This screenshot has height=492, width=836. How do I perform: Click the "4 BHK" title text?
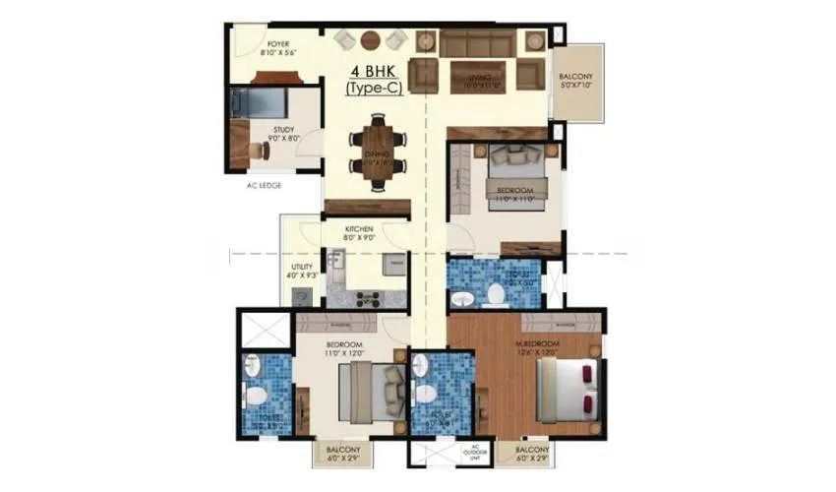pos(370,71)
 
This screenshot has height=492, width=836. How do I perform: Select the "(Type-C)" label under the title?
pos(370,89)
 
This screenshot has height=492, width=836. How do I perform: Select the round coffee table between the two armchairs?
pos(370,40)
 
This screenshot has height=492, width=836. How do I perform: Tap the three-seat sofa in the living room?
pos(477,43)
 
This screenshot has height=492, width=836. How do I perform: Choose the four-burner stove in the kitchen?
pos(366,299)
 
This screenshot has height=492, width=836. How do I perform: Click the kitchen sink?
pos(336,262)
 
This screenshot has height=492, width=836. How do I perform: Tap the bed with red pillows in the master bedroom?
pos(567,389)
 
